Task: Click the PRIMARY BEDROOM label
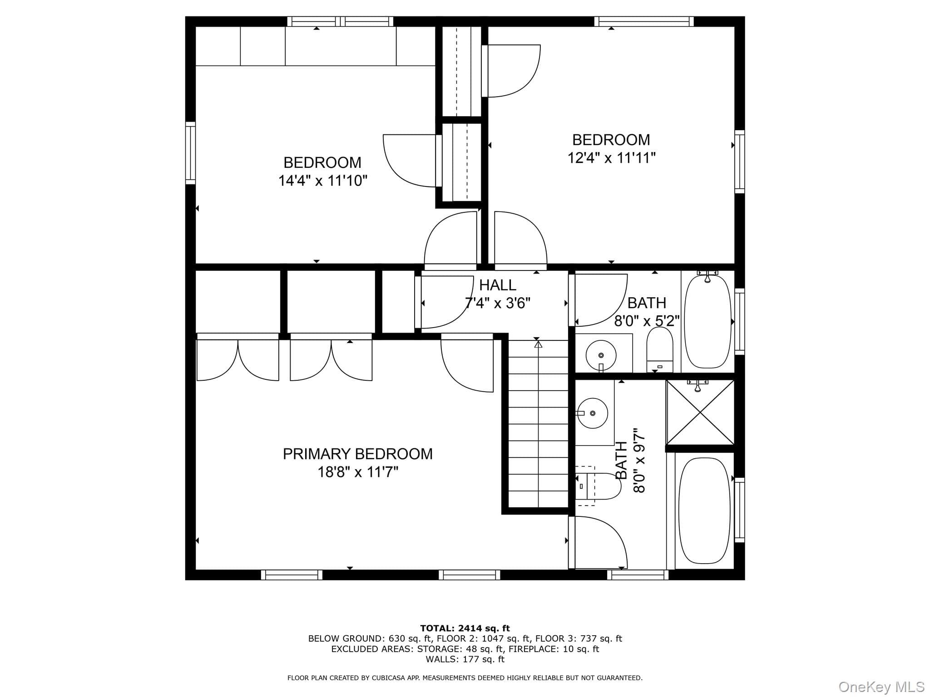358,454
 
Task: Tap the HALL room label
498,285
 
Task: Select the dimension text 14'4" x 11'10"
323,181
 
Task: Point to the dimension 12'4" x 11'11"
612,158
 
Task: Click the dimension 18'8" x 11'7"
358,472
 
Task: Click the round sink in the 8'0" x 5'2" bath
601,355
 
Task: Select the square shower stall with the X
700,412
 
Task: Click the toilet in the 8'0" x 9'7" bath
598,486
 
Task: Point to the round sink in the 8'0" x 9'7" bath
592,413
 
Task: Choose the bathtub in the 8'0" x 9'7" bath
704,510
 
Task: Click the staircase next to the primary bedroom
538,424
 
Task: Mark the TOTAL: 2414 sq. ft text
465,628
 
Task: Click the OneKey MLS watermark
881,687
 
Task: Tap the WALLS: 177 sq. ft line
465,659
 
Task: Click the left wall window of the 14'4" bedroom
190,153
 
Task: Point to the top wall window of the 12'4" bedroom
644,21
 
